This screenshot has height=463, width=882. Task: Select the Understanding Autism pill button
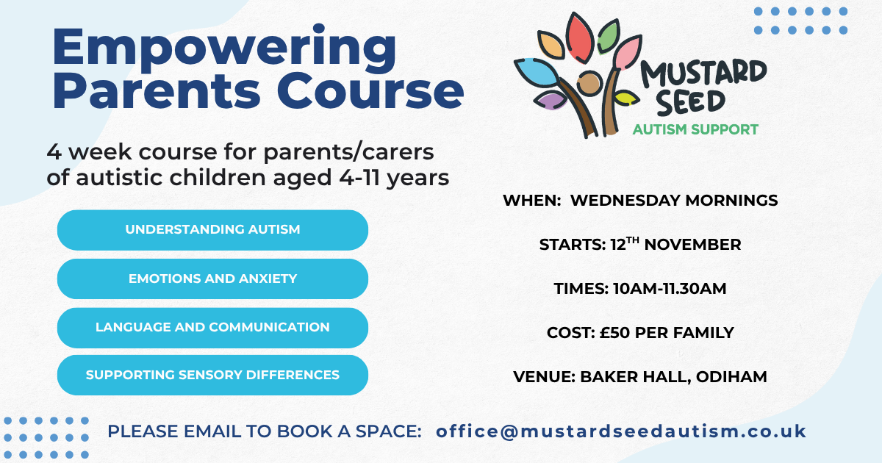point(212,229)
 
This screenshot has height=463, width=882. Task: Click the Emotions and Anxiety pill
point(212,279)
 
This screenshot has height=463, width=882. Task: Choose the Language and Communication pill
point(212,327)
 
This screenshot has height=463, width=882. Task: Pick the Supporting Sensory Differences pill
point(212,375)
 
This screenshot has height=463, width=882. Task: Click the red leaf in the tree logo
point(581,38)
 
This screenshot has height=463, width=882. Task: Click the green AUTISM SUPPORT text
point(695,130)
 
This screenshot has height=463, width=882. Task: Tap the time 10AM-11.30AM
point(670,289)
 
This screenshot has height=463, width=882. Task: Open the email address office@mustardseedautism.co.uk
point(621,431)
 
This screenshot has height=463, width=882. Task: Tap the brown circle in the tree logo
point(589,84)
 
